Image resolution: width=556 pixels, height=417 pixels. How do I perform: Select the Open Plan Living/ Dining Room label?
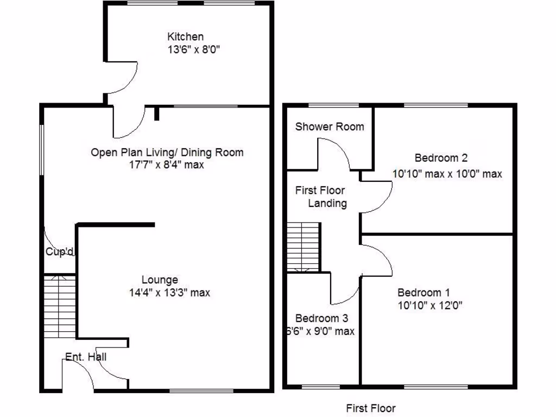[x=167, y=153]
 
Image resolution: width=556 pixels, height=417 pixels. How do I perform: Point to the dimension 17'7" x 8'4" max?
[x=163, y=165]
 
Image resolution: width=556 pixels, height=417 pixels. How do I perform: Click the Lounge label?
[x=160, y=280]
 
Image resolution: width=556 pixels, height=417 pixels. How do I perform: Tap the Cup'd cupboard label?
[x=60, y=252]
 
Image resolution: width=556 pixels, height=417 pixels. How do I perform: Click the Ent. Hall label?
[x=85, y=357]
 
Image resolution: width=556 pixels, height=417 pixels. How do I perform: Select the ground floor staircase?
[x=59, y=307]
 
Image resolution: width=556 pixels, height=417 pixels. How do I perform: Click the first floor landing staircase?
[x=304, y=247]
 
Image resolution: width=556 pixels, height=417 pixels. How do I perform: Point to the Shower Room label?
[x=330, y=127]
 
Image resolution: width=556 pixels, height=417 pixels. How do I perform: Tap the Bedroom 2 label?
[x=441, y=158]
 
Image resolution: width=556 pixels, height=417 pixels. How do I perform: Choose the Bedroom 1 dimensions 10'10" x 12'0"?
[x=429, y=305]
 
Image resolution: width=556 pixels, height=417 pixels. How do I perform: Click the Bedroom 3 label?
[x=321, y=318]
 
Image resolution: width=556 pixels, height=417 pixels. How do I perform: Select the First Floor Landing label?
[x=320, y=197]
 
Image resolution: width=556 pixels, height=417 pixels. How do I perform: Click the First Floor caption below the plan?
[x=371, y=408]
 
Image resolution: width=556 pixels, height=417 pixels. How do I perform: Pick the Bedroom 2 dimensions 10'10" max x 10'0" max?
[x=447, y=174]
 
